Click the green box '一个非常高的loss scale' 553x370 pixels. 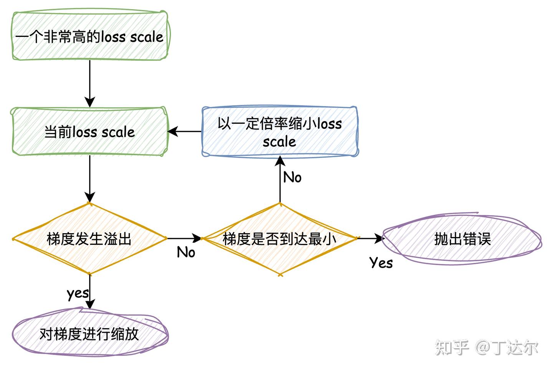(x=89, y=37)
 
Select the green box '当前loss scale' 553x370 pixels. (x=89, y=132)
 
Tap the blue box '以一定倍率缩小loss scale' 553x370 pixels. (x=280, y=132)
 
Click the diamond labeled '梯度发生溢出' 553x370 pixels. (x=89, y=239)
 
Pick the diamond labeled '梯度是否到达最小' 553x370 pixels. (x=280, y=239)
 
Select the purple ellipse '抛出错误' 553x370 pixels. (x=462, y=239)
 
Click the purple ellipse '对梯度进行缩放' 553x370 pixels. (x=89, y=333)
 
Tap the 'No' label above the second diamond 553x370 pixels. (x=292, y=177)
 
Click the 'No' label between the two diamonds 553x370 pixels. (x=186, y=252)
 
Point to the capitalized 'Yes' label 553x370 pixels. (x=381, y=263)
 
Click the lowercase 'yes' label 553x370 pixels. (x=78, y=293)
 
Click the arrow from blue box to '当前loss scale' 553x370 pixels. (x=185, y=132)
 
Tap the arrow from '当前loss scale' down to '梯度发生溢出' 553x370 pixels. (x=89, y=179)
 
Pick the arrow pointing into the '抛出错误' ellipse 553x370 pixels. (x=370, y=239)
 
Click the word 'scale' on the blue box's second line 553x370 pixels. (x=279, y=142)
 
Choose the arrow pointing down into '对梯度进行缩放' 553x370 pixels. (x=89, y=292)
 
